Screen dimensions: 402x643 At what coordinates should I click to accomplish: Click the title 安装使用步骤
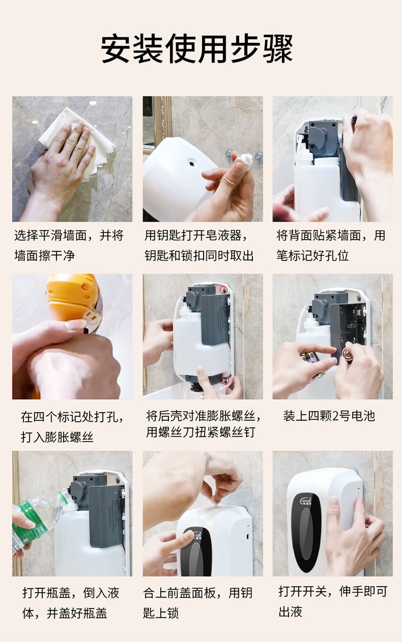pos(197,48)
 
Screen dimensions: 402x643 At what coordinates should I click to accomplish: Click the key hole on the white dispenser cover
pos(191,163)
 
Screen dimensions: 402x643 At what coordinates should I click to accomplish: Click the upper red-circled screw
pos(224,290)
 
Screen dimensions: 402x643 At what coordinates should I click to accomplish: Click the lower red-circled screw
pos(225,380)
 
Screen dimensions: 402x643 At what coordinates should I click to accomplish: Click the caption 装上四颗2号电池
pos(329,416)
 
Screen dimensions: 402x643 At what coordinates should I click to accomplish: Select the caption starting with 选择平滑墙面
pos(69,245)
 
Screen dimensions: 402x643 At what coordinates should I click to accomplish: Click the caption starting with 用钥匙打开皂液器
pos(199,245)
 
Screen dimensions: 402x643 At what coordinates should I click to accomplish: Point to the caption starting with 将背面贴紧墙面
pos(331,245)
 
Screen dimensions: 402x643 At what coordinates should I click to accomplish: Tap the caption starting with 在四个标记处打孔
pos(72,427)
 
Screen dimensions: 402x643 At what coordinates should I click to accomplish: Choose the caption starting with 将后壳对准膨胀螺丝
pos(203,424)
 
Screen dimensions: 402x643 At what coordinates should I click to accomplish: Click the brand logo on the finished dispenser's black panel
pos(307,501)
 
